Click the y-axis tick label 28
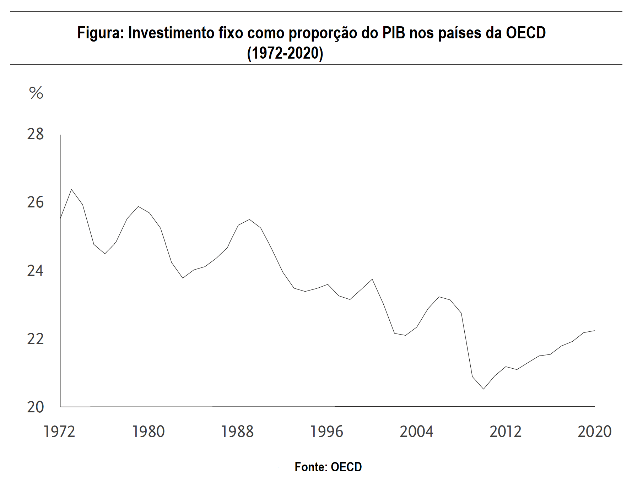[35, 134]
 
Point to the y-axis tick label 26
[35, 202]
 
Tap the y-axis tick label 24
[35, 271]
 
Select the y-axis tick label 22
[35, 339]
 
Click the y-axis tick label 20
[35, 407]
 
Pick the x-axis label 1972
[59, 432]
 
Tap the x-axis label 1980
[148, 432]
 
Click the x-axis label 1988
[238, 432]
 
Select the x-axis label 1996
[327, 432]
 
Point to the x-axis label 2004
[416, 432]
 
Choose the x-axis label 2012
[506, 432]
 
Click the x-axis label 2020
[595, 432]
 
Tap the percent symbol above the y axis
[36, 93]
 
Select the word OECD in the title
[525, 33]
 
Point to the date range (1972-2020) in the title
[285, 53]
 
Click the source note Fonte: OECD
[328, 467]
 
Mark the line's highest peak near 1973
[71, 189]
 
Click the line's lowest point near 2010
[484, 389]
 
